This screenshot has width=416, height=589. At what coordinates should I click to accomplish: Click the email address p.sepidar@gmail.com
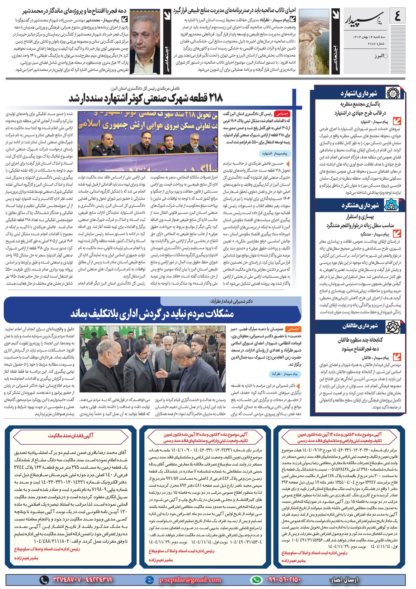point(190,579)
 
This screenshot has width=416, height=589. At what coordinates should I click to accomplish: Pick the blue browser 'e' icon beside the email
point(149,579)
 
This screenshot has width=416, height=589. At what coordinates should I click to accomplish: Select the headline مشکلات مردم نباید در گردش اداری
point(152,313)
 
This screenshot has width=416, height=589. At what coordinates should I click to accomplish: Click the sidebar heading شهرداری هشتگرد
point(360,205)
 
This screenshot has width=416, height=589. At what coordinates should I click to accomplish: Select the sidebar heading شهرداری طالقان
point(360,326)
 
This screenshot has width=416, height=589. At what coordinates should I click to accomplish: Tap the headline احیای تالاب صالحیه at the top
point(234,10)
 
